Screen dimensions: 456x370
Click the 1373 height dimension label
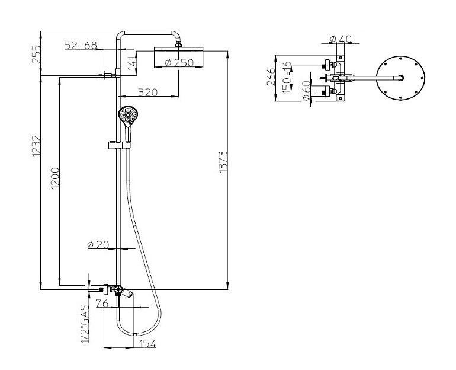[x=223, y=162]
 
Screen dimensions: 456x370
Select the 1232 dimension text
[x=36, y=146]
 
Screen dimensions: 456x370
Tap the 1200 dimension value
[x=54, y=178]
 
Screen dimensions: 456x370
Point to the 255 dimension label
[x=36, y=54]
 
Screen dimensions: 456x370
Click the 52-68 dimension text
[x=81, y=46]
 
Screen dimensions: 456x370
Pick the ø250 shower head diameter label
[x=179, y=63]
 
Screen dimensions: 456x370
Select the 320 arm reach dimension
[x=147, y=92]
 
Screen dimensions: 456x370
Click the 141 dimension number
[x=131, y=62]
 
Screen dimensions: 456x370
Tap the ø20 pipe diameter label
[x=98, y=244]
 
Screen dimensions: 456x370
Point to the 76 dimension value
[x=102, y=304]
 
